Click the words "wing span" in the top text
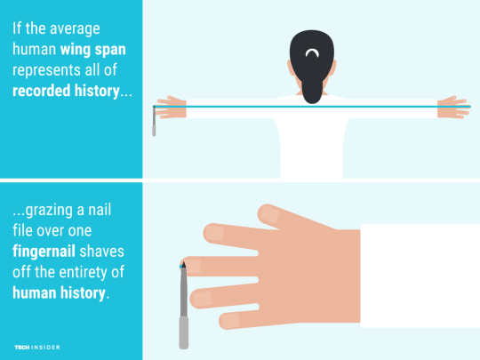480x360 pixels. click(93, 50)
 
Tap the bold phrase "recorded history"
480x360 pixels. click(66, 91)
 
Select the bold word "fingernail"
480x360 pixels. click(44, 252)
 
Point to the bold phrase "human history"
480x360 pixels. click(59, 292)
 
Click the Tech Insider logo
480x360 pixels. click(37, 348)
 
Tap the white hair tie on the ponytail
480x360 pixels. click(312, 53)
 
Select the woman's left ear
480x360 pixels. click(290, 68)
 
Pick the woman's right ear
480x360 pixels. click(333, 68)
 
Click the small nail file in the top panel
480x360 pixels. click(154, 121)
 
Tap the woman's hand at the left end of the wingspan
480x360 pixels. click(172, 108)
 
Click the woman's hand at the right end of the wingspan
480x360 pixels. click(453, 108)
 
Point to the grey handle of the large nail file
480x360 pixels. click(184, 333)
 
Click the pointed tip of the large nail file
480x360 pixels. click(183, 262)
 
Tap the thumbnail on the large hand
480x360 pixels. click(269, 213)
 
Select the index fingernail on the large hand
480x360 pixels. click(214, 233)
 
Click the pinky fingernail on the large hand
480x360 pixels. click(229, 320)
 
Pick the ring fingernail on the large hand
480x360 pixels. click(201, 300)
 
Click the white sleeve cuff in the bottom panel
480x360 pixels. click(420, 276)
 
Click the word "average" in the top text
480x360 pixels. click(75, 29)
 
